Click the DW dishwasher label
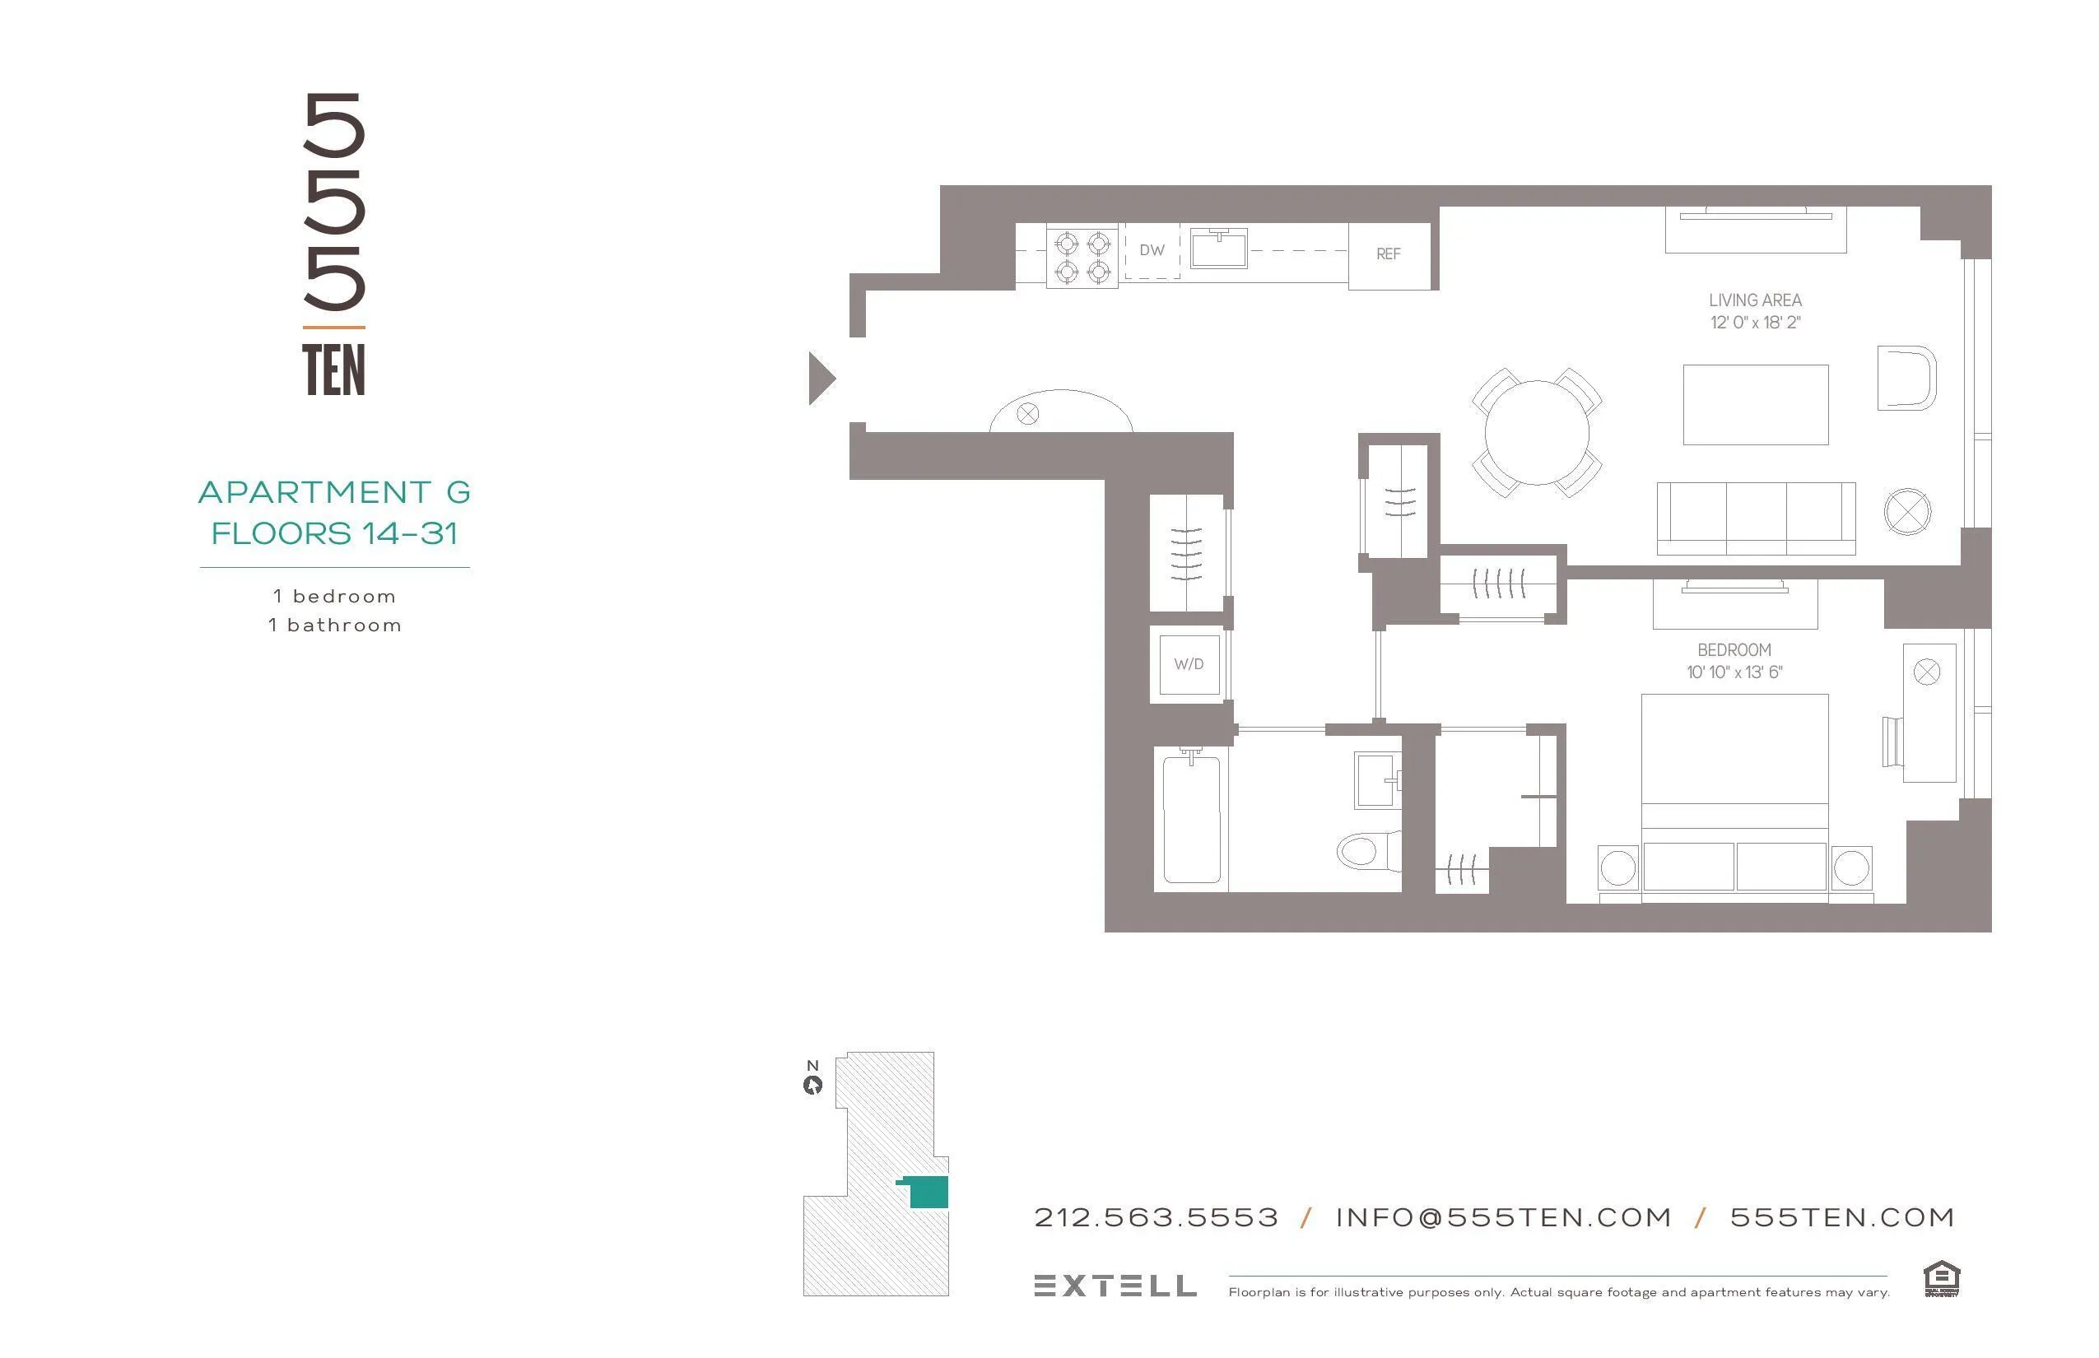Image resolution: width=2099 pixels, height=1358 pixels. pyautogui.click(x=1152, y=250)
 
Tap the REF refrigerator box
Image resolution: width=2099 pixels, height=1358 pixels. pyautogui.click(x=1388, y=254)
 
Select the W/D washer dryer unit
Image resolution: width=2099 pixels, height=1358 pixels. pyautogui.click(x=1189, y=664)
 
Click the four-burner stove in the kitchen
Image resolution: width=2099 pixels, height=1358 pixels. pyautogui.click(x=1082, y=257)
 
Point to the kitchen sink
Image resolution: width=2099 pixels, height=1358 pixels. pyautogui.click(x=1218, y=249)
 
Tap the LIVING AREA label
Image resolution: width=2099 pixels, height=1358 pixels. pyautogui.click(x=1754, y=300)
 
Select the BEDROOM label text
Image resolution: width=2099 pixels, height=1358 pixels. pyautogui.click(x=1734, y=651)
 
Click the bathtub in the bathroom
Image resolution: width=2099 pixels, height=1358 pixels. pyautogui.click(x=1192, y=819)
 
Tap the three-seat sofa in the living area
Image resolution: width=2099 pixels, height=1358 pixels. pyautogui.click(x=1755, y=518)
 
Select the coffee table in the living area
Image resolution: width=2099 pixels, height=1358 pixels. pyautogui.click(x=1755, y=405)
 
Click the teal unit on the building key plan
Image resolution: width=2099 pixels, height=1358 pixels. pyautogui.click(x=927, y=1192)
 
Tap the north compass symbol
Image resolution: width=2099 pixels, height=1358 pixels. pyautogui.click(x=812, y=1085)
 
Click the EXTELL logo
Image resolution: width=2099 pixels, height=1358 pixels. pyautogui.click(x=1115, y=1286)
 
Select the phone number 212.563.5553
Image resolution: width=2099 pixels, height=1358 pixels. pyautogui.click(x=1156, y=1218)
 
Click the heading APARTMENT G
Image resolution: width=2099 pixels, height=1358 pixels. pyautogui.click(x=334, y=492)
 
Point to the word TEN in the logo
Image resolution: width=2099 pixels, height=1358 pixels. pyautogui.click(x=333, y=370)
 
